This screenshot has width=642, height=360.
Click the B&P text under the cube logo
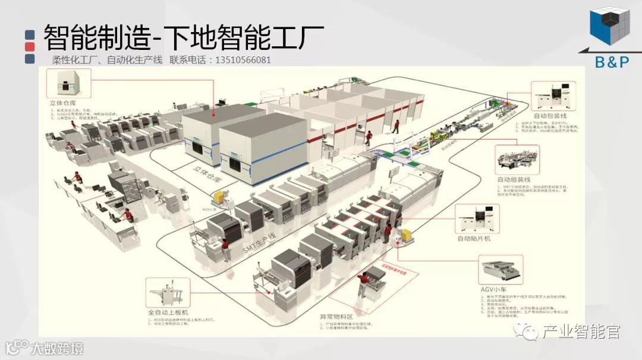click(611, 61)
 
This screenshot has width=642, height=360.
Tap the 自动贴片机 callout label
click(474, 239)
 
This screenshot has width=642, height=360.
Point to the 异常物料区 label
click(336, 317)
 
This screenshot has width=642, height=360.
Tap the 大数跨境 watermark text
click(58, 348)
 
